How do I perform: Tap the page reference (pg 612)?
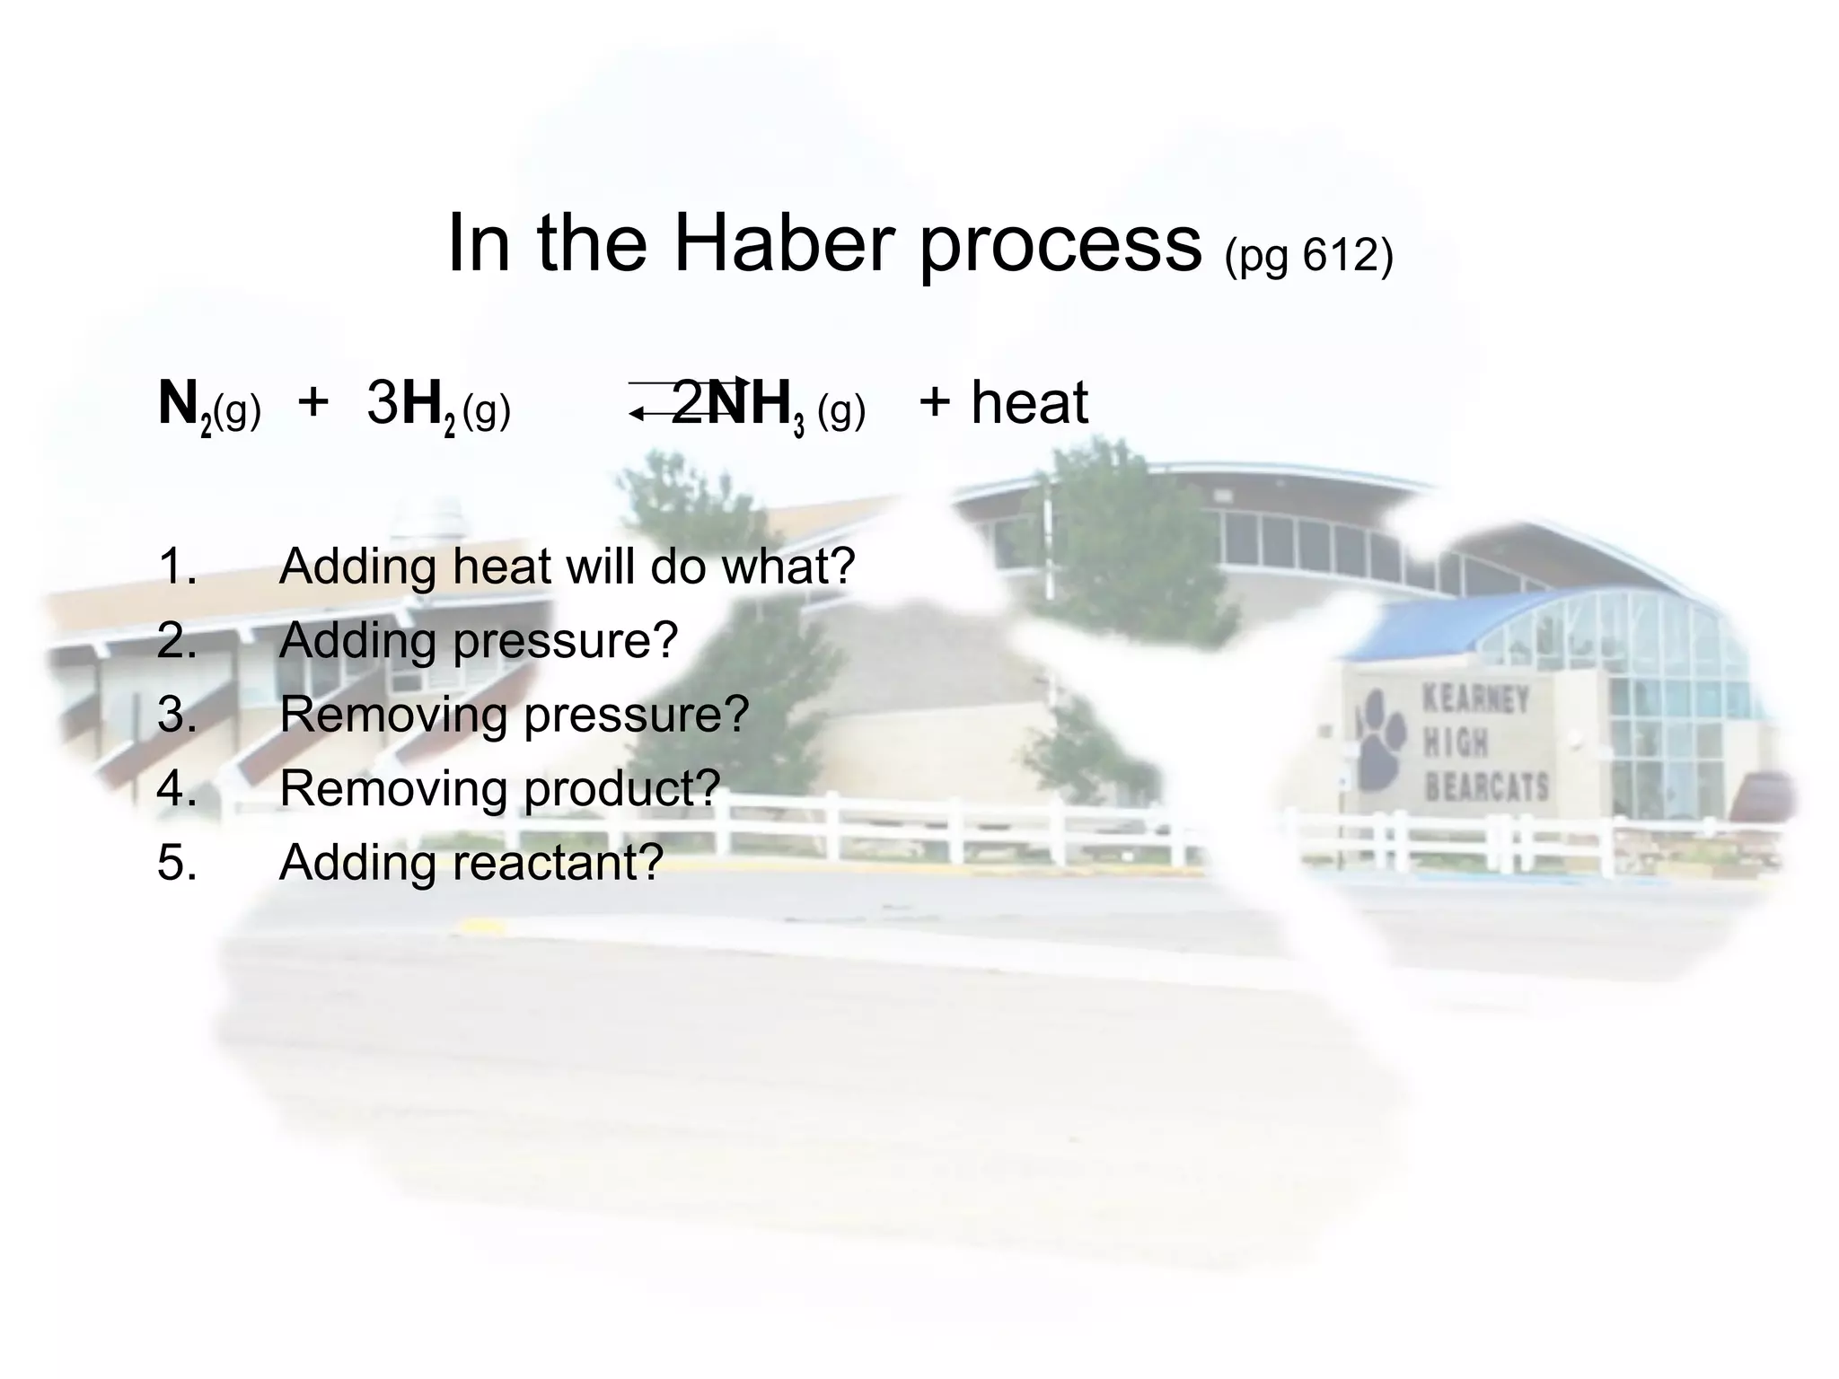click(x=1308, y=256)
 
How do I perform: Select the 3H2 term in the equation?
click(x=411, y=406)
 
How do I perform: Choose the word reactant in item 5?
click(x=557, y=863)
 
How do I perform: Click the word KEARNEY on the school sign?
click(x=1474, y=699)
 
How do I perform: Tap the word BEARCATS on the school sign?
click(x=1486, y=787)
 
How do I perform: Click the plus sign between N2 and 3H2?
click(x=312, y=402)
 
